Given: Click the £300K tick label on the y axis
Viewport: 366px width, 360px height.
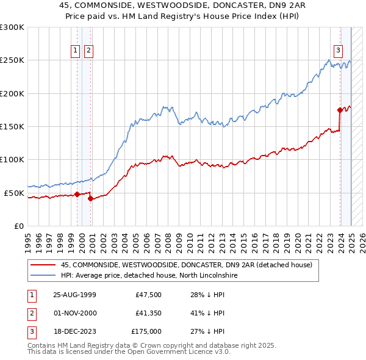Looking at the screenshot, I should pyautogui.click(x=12, y=27).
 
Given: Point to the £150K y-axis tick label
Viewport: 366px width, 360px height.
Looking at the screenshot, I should pyautogui.click(x=12, y=127).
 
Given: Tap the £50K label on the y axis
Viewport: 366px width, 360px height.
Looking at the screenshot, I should pyautogui.click(x=14, y=193).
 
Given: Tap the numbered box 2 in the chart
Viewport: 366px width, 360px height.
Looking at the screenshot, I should pyautogui.click(x=88, y=51).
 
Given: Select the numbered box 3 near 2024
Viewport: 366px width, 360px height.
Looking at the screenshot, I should pyautogui.click(x=338, y=51).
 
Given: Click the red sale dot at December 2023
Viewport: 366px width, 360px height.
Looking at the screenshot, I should pyautogui.click(x=340, y=110).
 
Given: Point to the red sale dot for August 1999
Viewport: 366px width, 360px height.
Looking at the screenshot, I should pyautogui.click(x=77, y=194).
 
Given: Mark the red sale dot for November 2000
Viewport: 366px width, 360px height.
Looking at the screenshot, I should pyautogui.click(x=90, y=198).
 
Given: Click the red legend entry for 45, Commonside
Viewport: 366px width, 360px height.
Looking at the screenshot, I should pyautogui.click(x=187, y=265).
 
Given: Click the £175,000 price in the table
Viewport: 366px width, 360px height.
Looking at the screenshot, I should pyautogui.click(x=146, y=331).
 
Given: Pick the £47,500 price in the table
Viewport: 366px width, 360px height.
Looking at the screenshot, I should pyautogui.click(x=148, y=295).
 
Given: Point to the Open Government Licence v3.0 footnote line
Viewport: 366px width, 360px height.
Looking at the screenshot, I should pyautogui.click(x=129, y=352).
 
